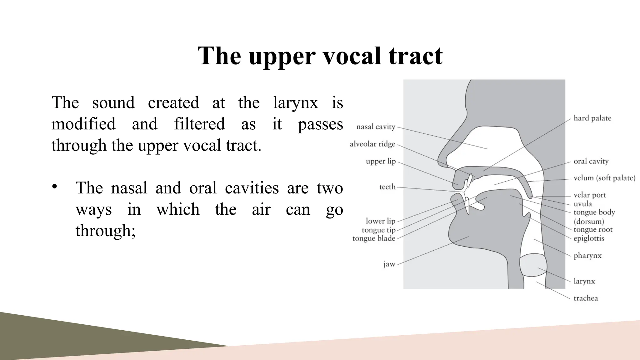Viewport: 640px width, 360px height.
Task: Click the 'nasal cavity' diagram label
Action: (376, 127)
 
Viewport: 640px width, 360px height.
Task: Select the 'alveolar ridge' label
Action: (372, 144)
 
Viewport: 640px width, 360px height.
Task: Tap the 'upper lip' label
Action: (381, 162)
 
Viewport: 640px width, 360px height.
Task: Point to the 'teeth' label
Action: (387, 187)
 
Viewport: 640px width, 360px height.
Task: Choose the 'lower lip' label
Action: (380, 221)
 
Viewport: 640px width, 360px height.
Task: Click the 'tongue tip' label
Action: (378, 230)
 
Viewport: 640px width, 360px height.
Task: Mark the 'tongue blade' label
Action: (374, 238)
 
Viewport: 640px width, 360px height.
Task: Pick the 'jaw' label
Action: (389, 264)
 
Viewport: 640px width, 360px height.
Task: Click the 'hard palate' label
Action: (592, 118)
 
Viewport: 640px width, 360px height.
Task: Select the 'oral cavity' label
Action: (591, 161)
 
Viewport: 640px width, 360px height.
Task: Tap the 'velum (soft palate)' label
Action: (604, 178)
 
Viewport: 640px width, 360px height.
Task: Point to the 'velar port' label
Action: (590, 195)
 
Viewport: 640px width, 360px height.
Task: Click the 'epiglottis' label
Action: (589, 238)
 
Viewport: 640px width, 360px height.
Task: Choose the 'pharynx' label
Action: (587, 256)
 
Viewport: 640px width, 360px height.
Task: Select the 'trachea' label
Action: (586, 298)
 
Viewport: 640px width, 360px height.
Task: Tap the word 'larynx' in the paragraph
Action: (295, 103)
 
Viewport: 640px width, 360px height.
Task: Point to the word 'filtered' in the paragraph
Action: (199, 124)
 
